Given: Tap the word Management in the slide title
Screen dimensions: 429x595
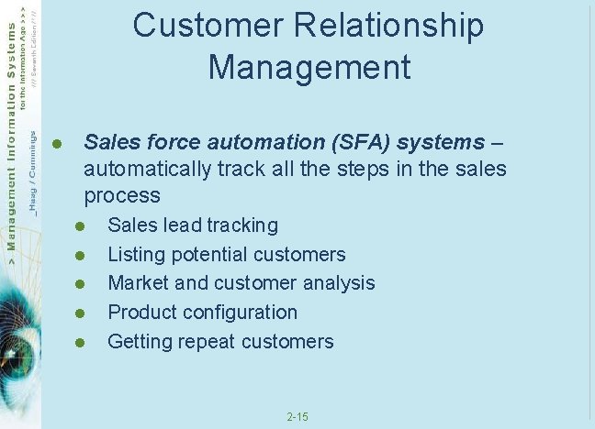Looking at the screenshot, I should point(309,67).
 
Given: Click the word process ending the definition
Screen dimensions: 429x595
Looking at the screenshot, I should point(121,196).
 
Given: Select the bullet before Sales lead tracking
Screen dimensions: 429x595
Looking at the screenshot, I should point(80,225).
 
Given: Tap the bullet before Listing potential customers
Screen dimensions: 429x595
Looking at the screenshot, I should point(80,255).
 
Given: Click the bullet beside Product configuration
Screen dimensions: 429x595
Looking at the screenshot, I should point(80,313).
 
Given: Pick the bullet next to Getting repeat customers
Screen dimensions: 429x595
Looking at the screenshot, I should point(80,342).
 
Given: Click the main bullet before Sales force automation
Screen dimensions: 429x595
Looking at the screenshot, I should point(56,143).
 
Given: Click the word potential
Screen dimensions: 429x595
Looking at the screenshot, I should point(210,255).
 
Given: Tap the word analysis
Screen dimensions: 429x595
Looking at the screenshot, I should point(339,283).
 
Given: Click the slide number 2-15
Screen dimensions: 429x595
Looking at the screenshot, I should point(297,417).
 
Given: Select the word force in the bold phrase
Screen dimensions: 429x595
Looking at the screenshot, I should point(172,142).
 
